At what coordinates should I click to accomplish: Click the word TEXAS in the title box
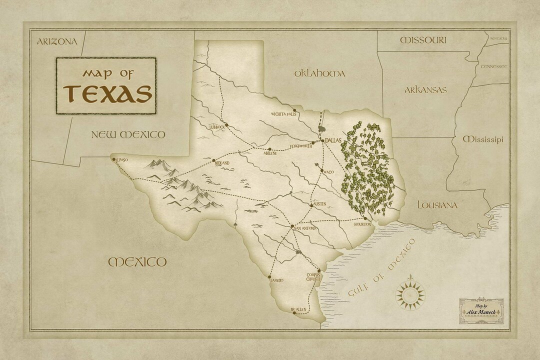tap(107, 93)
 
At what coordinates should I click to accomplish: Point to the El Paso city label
tap(121, 160)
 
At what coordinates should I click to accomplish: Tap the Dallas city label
tap(332, 141)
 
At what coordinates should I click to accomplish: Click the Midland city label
tap(222, 163)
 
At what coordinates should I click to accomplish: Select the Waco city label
tap(328, 172)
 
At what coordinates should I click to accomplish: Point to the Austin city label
tap(319, 204)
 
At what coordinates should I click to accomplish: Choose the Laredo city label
tap(276, 280)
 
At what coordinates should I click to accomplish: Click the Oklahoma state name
tap(319, 73)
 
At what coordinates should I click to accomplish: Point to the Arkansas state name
tap(425, 90)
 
